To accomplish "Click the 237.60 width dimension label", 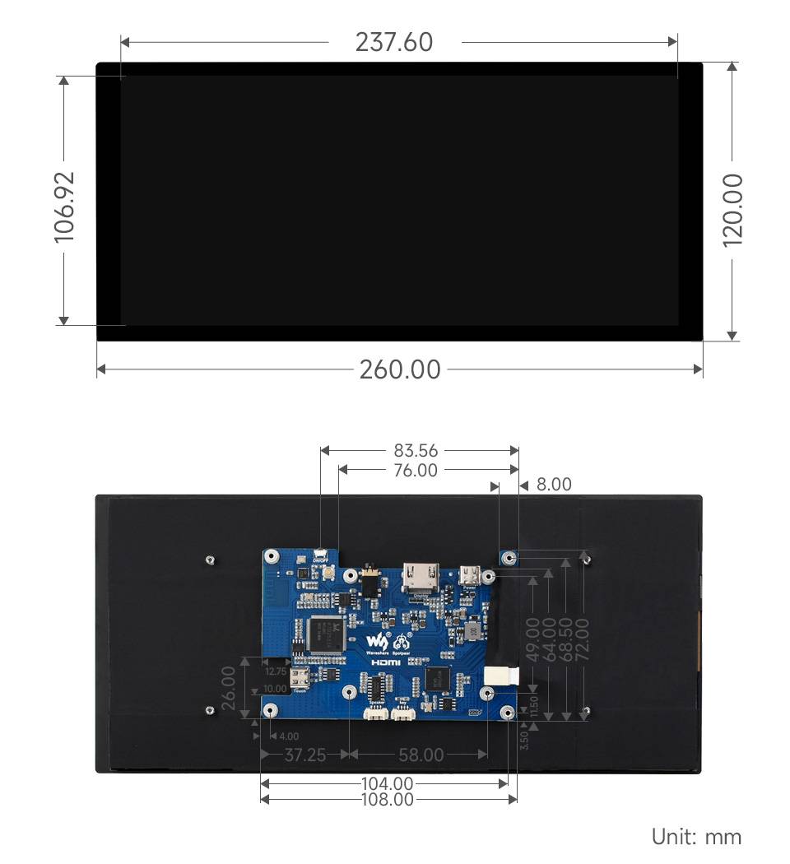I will pyautogui.click(x=393, y=42).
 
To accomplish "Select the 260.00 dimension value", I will pyautogui.click(x=400, y=369).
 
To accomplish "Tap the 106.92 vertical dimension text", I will pyautogui.click(x=64, y=206).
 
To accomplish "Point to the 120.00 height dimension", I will pyautogui.click(x=732, y=208).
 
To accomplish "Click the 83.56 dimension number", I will pyautogui.click(x=416, y=450).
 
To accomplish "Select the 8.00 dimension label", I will pyautogui.click(x=553, y=485).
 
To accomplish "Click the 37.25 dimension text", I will pyautogui.click(x=304, y=755).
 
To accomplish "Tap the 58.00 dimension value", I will pyautogui.click(x=421, y=755).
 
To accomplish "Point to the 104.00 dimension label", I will pyautogui.click(x=387, y=784).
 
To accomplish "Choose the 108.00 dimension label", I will pyautogui.click(x=387, y=799).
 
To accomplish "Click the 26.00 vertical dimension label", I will pyautogui.click(x=228, y=687).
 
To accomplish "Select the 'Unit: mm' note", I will pyautogui.click(x=696, y=837).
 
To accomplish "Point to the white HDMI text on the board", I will pyautogui.click(x=384, y=662).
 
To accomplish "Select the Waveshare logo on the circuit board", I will pyautogui.click(x=375, y=641).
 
